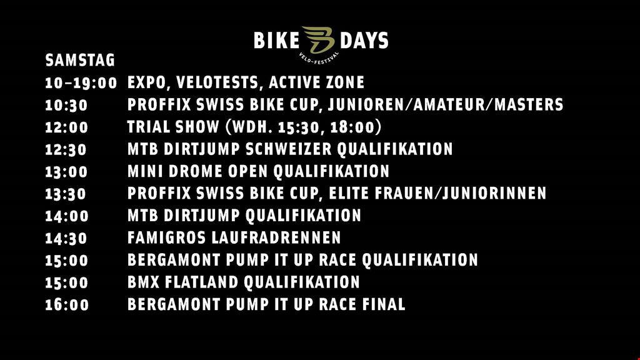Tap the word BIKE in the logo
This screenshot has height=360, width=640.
click(277, 41)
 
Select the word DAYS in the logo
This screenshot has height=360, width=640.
click(364, 41)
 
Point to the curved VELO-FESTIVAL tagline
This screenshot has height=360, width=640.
click(319, 58)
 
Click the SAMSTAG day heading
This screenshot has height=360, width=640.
click(80, 61)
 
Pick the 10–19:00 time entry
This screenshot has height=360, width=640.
click(81, 83)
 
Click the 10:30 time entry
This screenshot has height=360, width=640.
click(66, 105)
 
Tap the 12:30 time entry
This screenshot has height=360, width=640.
click(66, 150)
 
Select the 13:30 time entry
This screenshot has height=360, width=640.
click(66, 194)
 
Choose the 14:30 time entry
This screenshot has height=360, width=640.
click(66, 238)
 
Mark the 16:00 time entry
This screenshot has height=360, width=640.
click(66, 305)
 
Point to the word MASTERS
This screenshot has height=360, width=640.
click(529, 104)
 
